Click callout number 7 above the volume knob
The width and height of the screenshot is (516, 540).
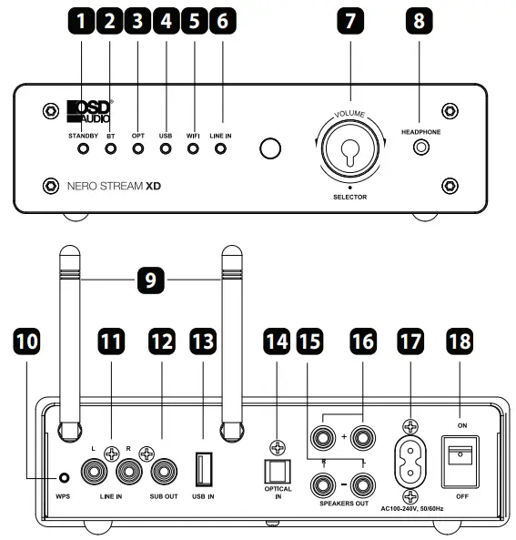coord(349,23)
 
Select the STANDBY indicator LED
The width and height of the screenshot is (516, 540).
coord(83,148)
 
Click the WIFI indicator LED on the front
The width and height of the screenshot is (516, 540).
coord(192,148)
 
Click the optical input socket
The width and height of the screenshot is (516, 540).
coord(274,471)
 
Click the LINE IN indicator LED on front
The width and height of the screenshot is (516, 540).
coord(220,148)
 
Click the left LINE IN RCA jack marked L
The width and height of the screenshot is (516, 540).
coord(95,472)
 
